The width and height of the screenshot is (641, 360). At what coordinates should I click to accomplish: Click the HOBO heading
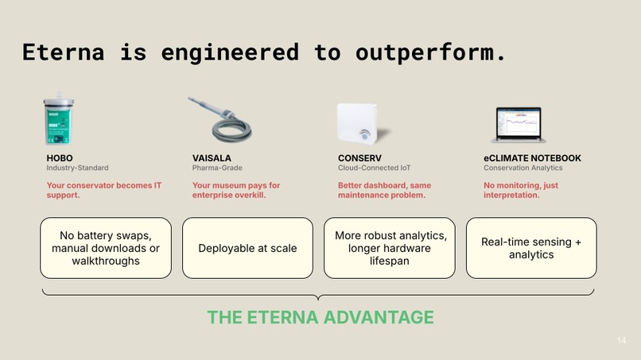(x=60, y=158)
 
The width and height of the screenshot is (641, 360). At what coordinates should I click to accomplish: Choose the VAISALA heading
(x=212, y=158)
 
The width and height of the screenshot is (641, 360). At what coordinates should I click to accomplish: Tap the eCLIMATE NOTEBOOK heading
(x=532, y=158)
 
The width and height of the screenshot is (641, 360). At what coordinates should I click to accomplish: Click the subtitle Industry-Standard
(x=77, y=168)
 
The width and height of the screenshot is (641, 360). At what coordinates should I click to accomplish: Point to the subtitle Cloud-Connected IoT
(x=374, y=168)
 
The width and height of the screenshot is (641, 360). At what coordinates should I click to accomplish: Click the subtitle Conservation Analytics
(x=523, y=168)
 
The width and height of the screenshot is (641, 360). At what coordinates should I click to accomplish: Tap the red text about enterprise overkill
(x=236, y=190)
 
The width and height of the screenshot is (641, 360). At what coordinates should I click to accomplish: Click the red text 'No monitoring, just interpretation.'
(x=521, y=190)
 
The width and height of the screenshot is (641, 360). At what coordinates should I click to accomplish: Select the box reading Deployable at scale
(x=247, y=248)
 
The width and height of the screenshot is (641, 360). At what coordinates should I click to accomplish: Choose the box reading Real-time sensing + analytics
(x=530, y=248)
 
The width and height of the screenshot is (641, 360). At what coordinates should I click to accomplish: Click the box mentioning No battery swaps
(x=105, y=248)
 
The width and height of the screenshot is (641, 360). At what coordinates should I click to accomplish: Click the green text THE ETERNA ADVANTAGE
(x=320, y=318)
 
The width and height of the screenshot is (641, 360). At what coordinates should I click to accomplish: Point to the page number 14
(x=621, y=341)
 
